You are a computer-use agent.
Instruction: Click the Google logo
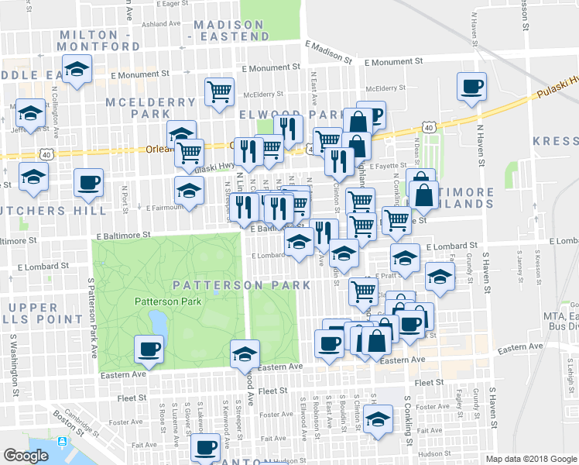26,456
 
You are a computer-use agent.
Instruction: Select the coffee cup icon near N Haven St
471,88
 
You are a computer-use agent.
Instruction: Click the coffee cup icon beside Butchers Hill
88,183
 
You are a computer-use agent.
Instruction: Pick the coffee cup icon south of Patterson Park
149,350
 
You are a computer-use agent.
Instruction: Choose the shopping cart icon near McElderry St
220,91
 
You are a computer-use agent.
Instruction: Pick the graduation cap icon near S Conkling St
378,421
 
